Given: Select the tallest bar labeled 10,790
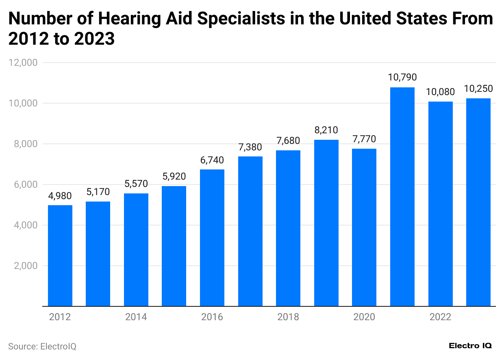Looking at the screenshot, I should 402,197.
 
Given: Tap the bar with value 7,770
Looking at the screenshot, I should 364,227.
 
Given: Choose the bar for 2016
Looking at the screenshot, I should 212,238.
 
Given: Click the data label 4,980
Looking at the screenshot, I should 60,196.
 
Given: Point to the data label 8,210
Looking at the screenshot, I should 326,130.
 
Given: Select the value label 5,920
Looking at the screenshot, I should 174,177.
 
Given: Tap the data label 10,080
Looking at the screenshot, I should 440,92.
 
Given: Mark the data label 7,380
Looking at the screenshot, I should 250,147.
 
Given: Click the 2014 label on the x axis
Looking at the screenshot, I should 136,317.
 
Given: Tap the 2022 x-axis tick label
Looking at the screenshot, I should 440,317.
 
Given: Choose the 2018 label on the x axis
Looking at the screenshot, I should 288,317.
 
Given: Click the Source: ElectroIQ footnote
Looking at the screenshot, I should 42,347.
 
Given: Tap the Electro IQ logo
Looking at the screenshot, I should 470,346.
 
